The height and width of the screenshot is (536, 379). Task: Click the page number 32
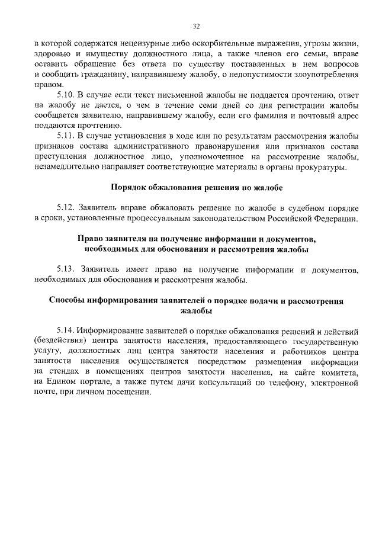point(196,26)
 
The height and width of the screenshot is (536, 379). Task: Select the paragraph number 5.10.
point(66,95)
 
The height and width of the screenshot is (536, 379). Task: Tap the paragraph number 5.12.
point(66,208)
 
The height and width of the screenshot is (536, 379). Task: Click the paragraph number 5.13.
point(66,270)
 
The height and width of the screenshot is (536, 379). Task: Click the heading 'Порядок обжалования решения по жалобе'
point(197,188)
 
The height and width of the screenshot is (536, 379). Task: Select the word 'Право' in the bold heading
point(90,239)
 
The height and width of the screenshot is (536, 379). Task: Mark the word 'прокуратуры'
point(323,168)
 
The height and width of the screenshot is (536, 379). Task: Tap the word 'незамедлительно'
point(69,168)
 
